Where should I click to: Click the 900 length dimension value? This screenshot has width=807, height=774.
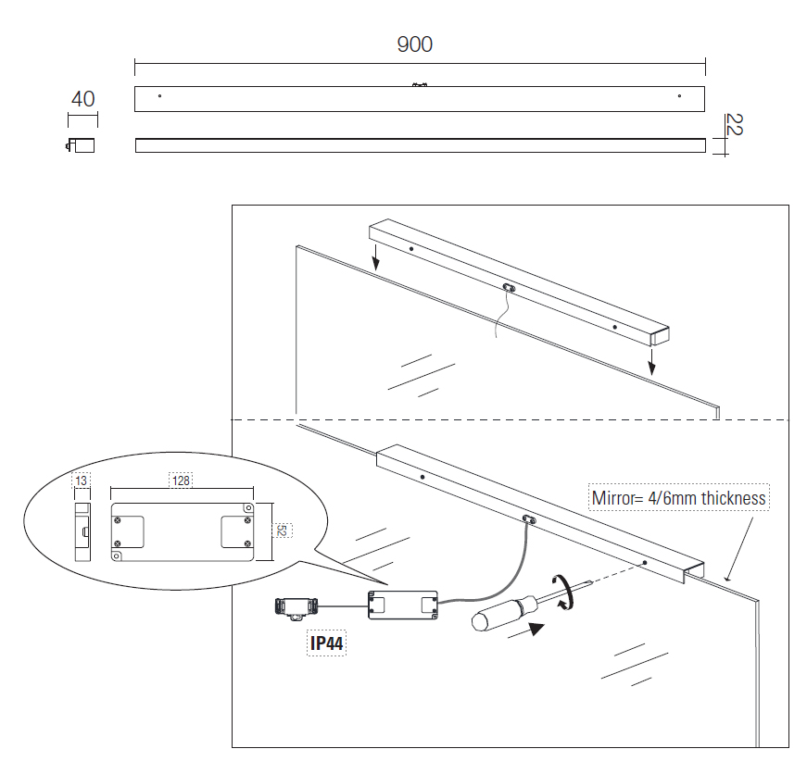tap(414, 44)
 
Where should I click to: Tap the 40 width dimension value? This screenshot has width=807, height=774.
tap(82, 99)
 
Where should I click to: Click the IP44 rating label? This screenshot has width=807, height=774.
tap(326, 643)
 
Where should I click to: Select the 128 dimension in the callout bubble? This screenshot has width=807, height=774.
tap(181, 480)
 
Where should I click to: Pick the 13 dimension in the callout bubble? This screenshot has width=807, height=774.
tap(82, 480)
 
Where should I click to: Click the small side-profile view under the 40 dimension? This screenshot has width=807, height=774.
tap(82, 145)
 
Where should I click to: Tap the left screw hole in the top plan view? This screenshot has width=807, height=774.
tap(160, 95)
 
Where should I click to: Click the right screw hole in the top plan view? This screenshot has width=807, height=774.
tap(679, 95)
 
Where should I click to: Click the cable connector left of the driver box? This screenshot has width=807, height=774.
tap(296, 607)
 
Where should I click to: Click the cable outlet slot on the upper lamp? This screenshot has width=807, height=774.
tap(508, 287)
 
